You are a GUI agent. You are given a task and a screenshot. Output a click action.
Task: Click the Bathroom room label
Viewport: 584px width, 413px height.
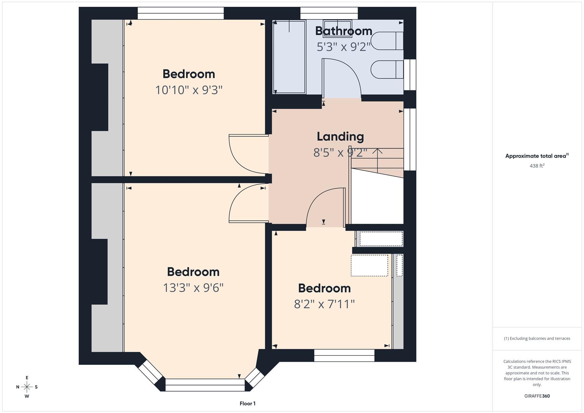coord(343,31)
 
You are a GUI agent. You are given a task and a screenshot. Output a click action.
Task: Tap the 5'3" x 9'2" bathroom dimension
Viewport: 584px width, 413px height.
coord(343,47)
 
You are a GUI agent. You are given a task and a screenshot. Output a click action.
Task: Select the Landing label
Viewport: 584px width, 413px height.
coord(340,137)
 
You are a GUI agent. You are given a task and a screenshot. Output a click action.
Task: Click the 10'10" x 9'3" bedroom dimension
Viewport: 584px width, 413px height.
coord(189,90)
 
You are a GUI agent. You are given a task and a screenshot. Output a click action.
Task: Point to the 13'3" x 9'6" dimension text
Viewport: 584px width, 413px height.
coord(193,288)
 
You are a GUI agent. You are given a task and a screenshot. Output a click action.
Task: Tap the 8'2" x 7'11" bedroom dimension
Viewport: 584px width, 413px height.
coord(324,304)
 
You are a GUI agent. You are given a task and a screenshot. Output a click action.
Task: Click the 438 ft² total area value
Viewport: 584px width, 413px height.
coord(537,166)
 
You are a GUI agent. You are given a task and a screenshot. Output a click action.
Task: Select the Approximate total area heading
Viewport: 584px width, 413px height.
coord(537,156)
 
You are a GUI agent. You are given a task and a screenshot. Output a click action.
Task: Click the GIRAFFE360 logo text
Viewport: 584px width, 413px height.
coord(537,396)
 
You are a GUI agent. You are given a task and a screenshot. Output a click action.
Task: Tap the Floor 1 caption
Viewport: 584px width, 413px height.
coord(247,403)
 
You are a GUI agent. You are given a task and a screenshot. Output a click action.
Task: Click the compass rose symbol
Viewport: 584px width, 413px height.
coord(27,387)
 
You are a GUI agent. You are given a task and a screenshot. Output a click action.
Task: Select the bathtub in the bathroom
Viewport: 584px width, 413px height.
coord(289,57)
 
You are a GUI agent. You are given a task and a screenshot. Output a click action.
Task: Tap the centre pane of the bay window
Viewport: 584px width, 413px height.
coord(205,385)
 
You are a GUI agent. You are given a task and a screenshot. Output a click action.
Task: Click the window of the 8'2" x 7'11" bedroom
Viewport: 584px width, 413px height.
coord(344,356)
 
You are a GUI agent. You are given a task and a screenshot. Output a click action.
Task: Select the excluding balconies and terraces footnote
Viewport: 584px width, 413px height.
coord(537,338)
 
